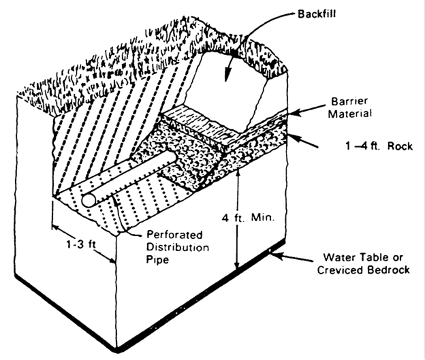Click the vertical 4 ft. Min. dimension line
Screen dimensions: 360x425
point(236,218)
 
